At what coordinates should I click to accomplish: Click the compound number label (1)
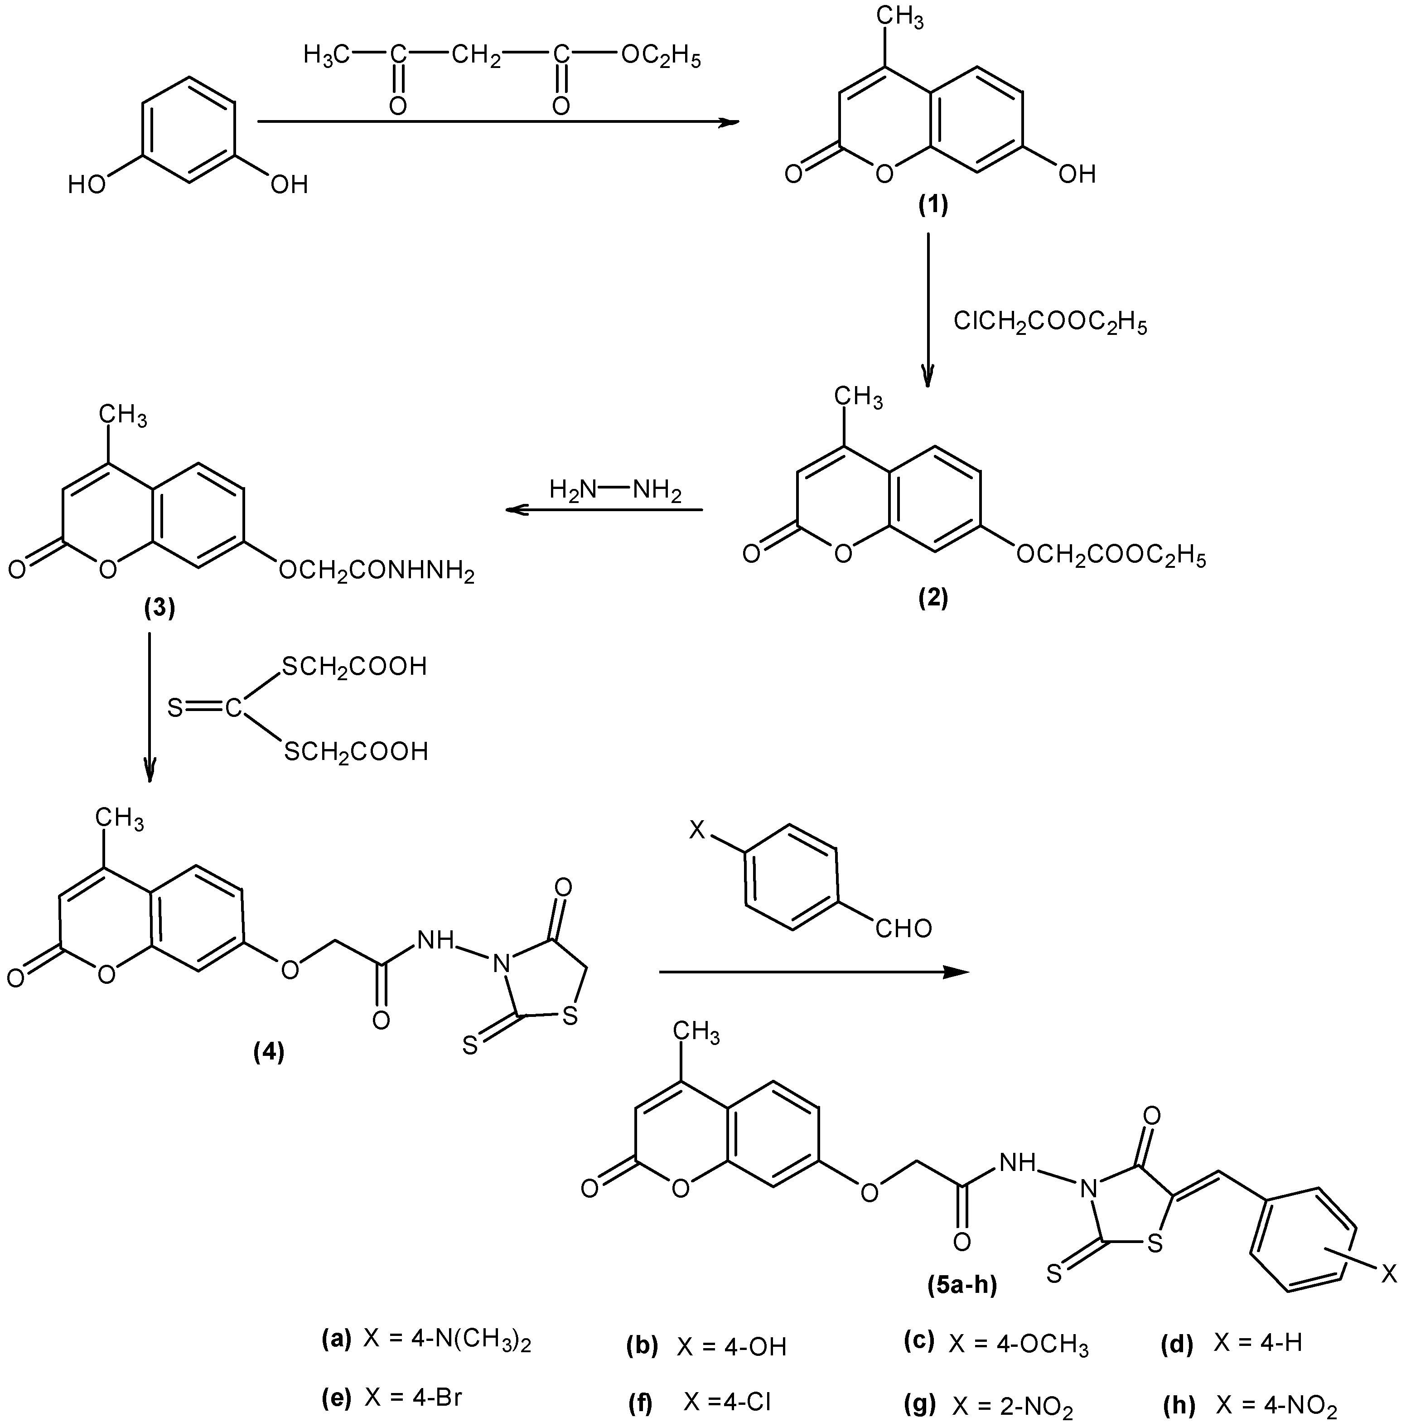(932, 204)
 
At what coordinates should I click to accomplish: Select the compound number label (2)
(932, 597)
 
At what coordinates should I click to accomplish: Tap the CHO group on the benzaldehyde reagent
(903, 929)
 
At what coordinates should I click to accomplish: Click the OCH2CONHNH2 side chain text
(376, 571)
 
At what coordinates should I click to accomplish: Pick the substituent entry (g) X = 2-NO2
(989, 1403)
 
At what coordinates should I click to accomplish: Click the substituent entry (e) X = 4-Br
(393, 1398)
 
